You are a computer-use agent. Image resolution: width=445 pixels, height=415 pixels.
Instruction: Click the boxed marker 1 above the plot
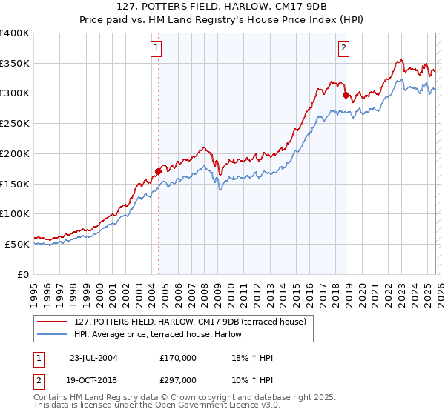point(157,49)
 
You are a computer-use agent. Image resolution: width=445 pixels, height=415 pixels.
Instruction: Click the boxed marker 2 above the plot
point(345,49)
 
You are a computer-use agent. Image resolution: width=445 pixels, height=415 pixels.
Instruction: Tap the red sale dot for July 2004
point(159,171)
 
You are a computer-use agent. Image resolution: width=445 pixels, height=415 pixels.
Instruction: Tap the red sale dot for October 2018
point(346,95)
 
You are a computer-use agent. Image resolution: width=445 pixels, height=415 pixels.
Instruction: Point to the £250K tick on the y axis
point(15,123)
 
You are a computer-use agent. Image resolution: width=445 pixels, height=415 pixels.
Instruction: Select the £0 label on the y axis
point(24,273)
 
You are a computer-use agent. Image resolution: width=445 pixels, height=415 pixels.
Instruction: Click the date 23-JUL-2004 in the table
point(93,358)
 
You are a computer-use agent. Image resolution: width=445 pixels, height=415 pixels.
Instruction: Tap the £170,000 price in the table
point(178,358)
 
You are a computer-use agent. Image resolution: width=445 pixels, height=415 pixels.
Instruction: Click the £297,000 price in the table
point(178,379)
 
